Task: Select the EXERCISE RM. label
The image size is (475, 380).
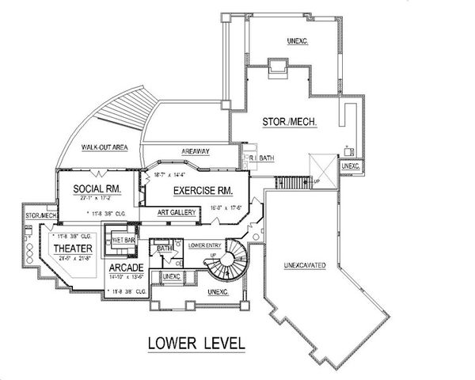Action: [190, 191]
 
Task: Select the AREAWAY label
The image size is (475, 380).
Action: [194, 150]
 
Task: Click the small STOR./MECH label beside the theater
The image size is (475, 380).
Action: [40, 215]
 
